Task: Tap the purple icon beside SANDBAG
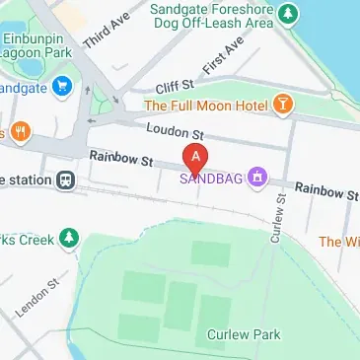(257, 177)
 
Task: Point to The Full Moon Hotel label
(206, 105)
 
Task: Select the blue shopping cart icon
(62, 86)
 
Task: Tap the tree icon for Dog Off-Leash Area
(287, 14)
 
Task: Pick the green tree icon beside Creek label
(68, 237)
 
